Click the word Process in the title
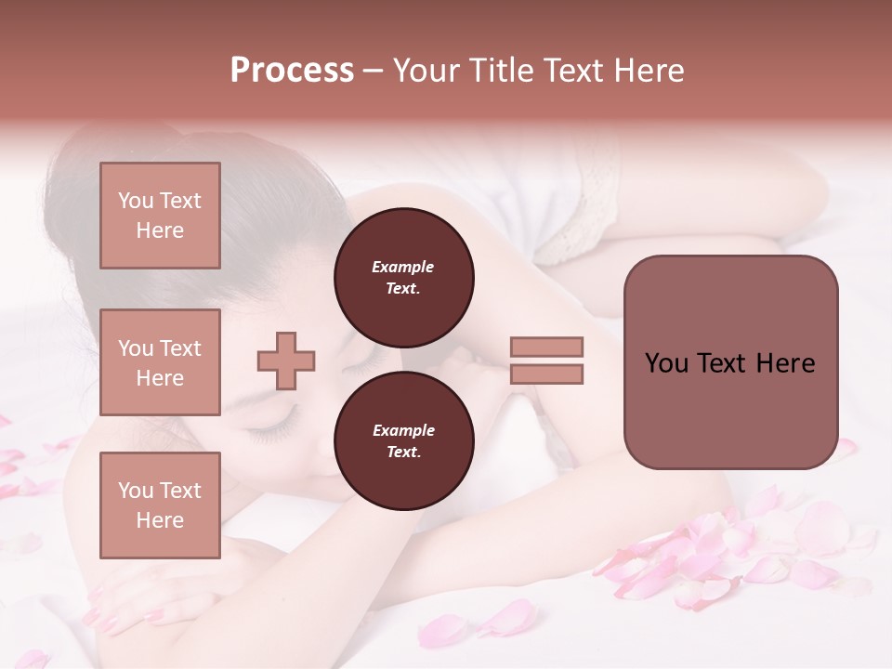click(x=292, y=71)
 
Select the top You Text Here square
click(x=160, y=216)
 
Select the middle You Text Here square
click(x=160, y=362)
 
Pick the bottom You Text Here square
click(x=160, y=505)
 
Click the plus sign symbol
click(x=286, y=361)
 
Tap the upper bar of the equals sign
click(x=547, y=348)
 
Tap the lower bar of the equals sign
click(x=547, y=374)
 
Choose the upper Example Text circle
click(x=403, y=277)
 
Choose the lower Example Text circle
click(x=403, y=440)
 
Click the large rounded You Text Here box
click(x=730, y=362)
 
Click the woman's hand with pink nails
click(x=130, y=613)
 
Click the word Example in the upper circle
click(x=403, y=267)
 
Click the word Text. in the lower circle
click(x=403, y=453)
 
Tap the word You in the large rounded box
click(x=666, y=363)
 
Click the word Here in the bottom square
click(x=160, y=520)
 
